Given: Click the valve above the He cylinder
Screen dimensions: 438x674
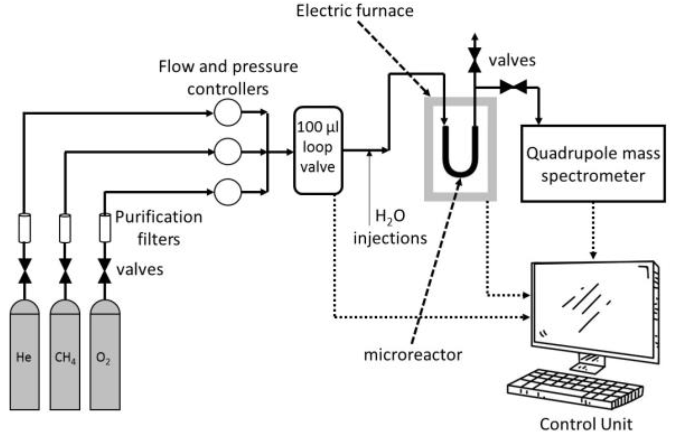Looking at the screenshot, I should click(x=25, y=271).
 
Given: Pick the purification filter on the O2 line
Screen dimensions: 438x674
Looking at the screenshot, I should click(x=105, y=228).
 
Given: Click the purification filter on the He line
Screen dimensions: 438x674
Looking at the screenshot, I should click(x=25, y=228).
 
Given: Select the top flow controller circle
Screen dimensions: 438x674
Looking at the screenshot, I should click(x=228, y=112).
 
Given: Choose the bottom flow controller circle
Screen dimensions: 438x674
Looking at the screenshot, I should click(x=228, y=192).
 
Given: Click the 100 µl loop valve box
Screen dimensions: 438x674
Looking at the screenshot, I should click(x=318, y=151).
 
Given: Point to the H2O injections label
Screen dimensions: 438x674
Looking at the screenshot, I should click(x=390, y=227).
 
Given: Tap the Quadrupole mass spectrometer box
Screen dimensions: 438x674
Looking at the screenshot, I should click(x=593, y=164).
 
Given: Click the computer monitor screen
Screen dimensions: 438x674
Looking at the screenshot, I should click(x=593, y=309).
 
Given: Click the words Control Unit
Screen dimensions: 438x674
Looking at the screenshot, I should click(x=586, y=424).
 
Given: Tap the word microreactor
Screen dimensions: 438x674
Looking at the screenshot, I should click(x=413, y=355).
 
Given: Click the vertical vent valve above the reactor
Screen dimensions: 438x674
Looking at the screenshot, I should click(x=474, y=60).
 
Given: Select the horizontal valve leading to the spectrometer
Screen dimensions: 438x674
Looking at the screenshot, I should click(x=513, y=87).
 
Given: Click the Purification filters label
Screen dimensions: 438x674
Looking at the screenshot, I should click(x=159, y=228).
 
